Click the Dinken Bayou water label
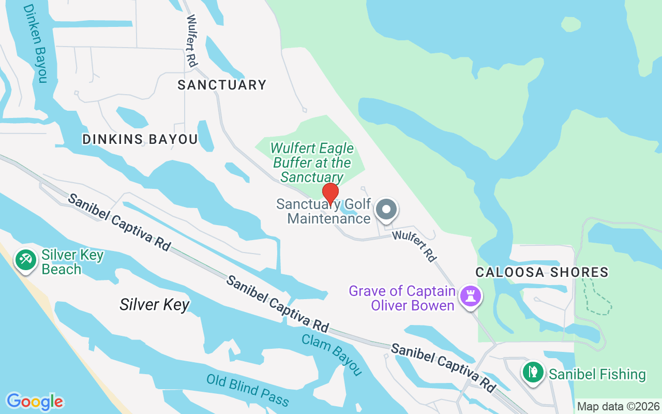(x=35, y=43)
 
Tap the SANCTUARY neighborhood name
(x=222, y=85)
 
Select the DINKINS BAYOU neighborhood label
(x=140, y=139)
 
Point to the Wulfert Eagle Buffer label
(x=312, y=162)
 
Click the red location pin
(x=330, y=194)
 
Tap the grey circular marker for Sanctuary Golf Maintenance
(x=386, y=210)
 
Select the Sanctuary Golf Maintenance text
(x=324, y=211)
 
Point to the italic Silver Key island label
(x=155, y=304)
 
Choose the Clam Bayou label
(x=332, y=354)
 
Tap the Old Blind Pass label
(x=247, y=389)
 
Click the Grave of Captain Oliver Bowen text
(x=402, y=298)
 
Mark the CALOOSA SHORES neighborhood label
(x=541, y=272)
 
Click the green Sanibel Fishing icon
(x=533, y=372)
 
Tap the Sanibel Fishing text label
(x=597, y=374)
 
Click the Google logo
(x=35, y=402)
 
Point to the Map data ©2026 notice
(x=618, y=406)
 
